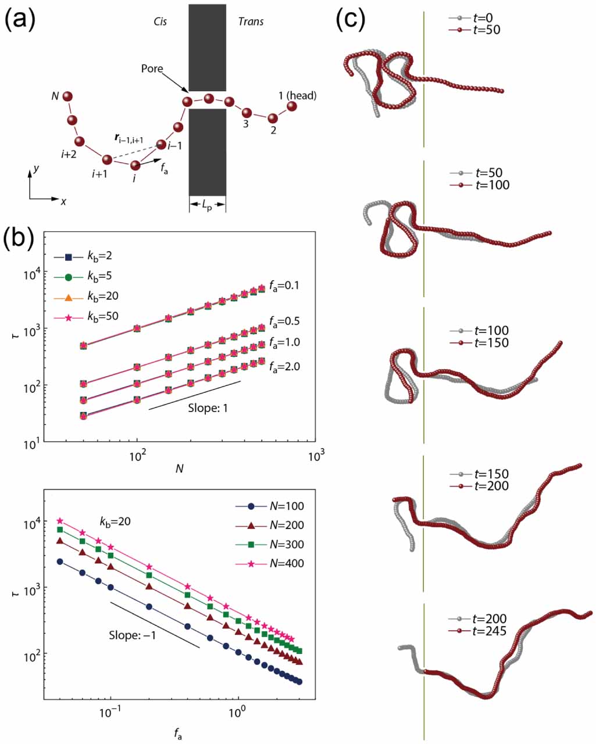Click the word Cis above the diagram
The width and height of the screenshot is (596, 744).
pos(160,22)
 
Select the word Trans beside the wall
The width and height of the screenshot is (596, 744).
pos(251,22)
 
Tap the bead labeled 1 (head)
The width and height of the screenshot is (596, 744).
pos(292,106)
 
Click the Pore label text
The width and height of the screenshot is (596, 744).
pos(152,69)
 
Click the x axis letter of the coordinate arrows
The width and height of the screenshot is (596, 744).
pos(63,202)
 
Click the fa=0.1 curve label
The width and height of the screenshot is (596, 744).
pos(284,286)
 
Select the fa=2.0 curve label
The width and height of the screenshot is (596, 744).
pos(284,367)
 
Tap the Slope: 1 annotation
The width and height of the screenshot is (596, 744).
pos(208,408)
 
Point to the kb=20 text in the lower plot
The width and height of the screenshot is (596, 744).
pos(115,521)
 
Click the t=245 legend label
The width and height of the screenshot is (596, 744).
pos(489,631)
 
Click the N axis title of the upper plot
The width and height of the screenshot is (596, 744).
pos(179,468)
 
